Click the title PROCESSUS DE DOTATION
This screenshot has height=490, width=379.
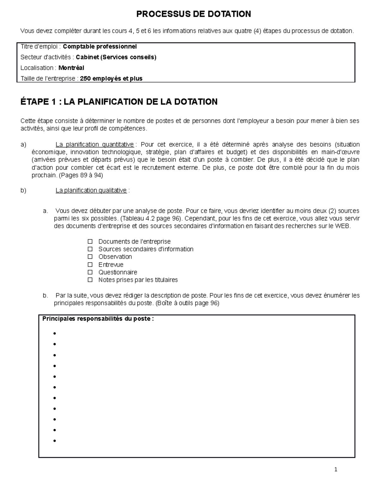coord(194,14)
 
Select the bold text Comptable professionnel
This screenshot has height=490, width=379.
coord(100,47)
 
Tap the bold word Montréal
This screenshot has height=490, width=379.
coord(71,68)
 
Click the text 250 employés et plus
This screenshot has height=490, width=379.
coord(111,79)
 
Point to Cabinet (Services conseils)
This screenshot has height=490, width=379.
coord(116,57)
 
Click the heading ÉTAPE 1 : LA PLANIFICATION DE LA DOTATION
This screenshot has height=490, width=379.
coord(119,102)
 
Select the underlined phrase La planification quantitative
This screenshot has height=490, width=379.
coord(94,145)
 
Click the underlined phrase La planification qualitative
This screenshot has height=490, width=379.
coord(91,191)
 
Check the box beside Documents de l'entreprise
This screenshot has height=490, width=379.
coord(90,242)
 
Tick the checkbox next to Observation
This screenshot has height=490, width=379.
coord(90,257)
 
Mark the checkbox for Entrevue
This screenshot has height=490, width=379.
coord(90,265)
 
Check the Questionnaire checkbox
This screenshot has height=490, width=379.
coord(90,272)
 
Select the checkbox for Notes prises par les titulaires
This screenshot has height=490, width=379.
coord(90,280)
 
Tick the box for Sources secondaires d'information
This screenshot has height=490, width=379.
coord(90,249)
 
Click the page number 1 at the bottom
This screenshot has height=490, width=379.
coord(336,469)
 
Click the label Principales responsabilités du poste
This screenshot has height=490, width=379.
coord(98,319)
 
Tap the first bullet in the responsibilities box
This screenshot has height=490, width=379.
coord(55,334)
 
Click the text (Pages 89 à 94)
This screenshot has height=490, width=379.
coord(81,175)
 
